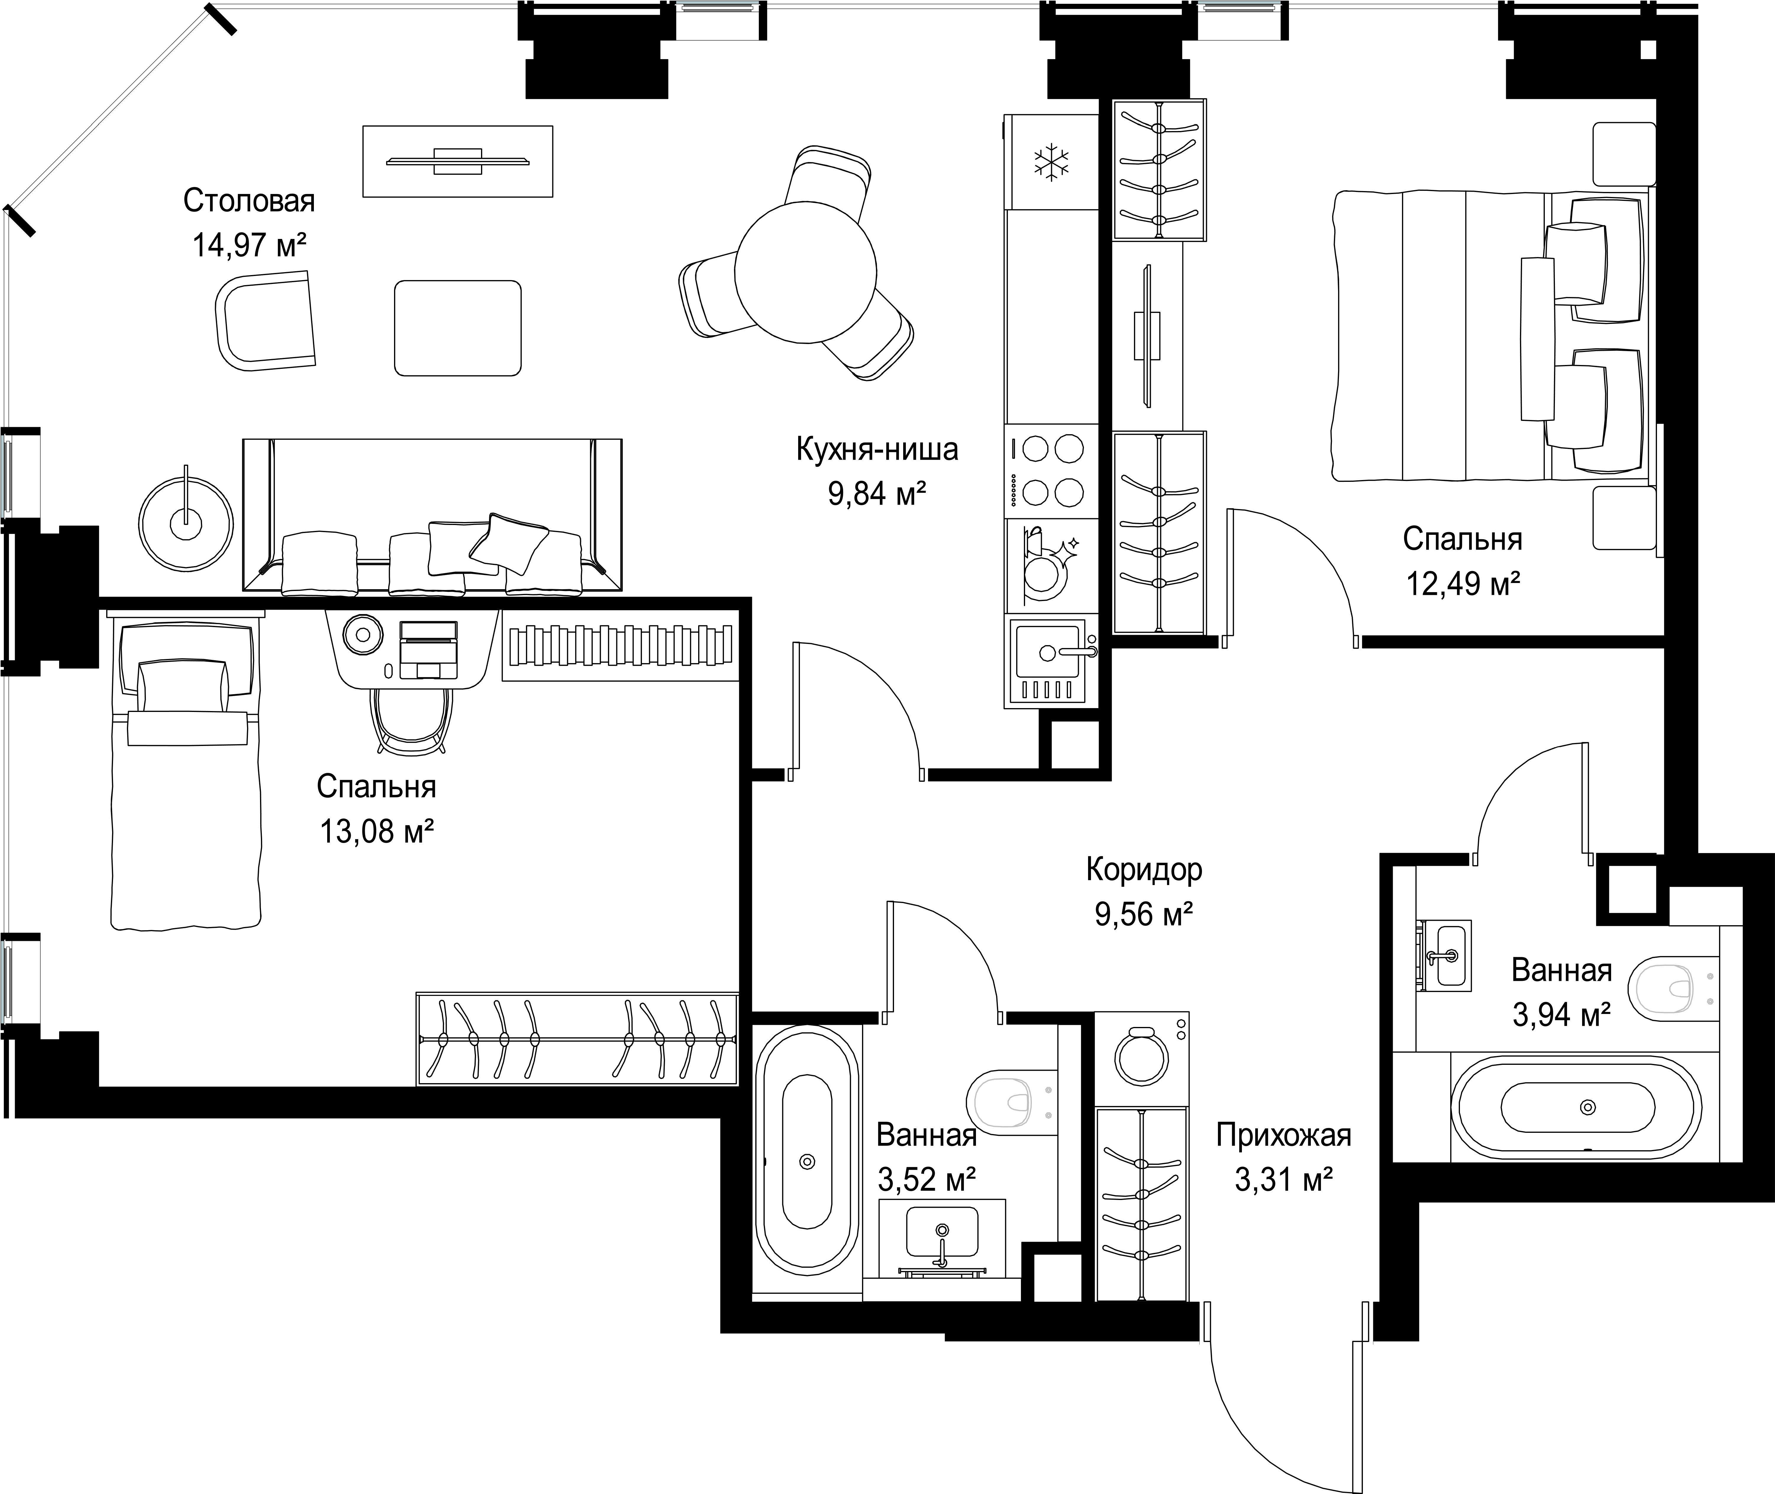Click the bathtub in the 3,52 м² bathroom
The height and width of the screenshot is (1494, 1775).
click(806, 1161)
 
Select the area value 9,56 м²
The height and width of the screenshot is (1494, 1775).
click(1144, 914)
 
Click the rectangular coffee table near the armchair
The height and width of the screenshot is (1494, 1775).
click(457, 328)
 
